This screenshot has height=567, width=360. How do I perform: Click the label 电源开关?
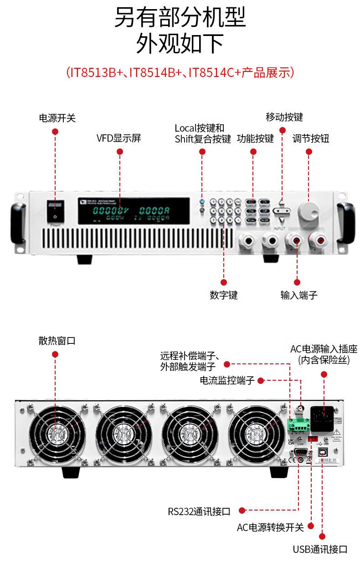tap(57, 118)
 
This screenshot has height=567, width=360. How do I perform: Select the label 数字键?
tap(224, 295)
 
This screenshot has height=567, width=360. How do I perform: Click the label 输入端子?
tap(298, 295)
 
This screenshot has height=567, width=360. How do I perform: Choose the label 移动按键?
tap(284, 117)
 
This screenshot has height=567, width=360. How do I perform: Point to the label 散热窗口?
tap(57, 341)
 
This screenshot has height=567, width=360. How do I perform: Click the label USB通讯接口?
tap(320, 549)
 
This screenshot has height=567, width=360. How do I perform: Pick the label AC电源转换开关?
tap(270, 527)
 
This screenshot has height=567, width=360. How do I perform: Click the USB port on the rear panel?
tap(322, 453)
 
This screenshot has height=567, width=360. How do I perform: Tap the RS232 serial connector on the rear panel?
tap(300, 452)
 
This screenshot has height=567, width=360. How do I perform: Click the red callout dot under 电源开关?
tap(56, 132)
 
